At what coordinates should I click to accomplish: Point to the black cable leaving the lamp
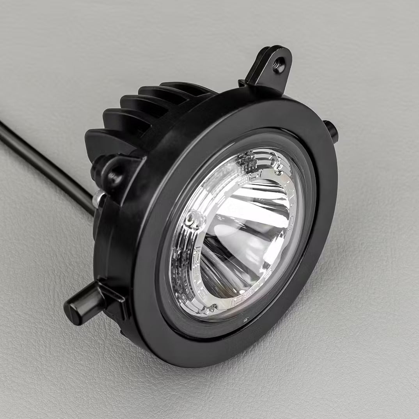pyautogui.click(x=43, y=160)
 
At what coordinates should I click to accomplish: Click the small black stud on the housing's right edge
pyautogui.click(x=331, y=130)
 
